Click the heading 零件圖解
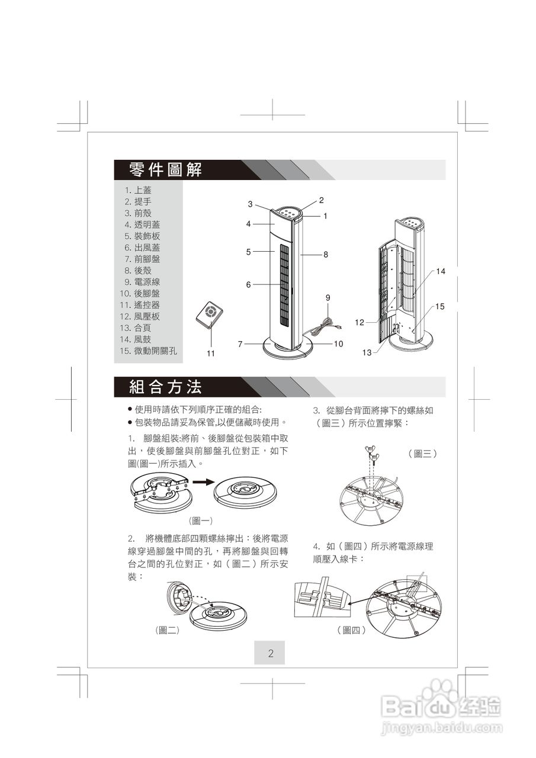click(165, 170)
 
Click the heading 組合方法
click(165, 387)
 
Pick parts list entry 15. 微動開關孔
click(148, 351)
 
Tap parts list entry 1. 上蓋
click(138, 190)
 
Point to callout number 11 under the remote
click(210, 354)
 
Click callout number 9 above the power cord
click(328, 297)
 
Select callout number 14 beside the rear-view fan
click(441, 271)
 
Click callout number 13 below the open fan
click(367, 352)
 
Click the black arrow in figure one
click(201, 482)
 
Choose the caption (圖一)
click(200, 521)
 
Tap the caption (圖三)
click(422, 454)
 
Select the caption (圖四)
click(351, 631)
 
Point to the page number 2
click(270, 654)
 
